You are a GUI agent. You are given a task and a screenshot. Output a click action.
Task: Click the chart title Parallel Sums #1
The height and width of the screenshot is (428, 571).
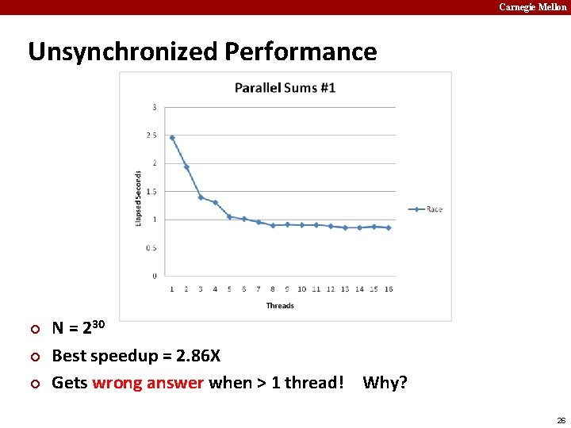[x=285, y=87]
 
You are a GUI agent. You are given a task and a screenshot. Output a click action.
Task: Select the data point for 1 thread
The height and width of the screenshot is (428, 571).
[x=172, y=137]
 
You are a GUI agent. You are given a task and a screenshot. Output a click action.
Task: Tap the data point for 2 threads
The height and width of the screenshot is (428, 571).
[x=186, y=167]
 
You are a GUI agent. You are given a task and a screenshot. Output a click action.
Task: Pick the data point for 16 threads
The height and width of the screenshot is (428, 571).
[x=389, y=227]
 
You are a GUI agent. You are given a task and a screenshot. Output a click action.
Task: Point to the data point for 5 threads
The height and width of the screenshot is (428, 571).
[x=229, y=216]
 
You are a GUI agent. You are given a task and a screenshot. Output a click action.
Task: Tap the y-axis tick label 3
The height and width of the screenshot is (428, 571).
[x=154, y=107]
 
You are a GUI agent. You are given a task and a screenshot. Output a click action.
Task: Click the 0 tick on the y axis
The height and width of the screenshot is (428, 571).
[x=154, y=276]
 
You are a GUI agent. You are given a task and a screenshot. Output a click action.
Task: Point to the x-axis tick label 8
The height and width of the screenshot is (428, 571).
[x=273, y=289]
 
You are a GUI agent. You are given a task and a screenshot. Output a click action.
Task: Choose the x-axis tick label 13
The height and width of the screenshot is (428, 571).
[x=345, y=289]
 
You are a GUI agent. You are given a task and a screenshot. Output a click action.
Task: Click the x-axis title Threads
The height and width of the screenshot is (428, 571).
[x=280, y=306]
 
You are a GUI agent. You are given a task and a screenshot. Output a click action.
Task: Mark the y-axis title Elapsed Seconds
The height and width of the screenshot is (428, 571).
[x=139, y=198]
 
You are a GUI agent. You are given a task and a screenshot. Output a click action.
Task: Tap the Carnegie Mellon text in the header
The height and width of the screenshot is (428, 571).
[x=533, y=7]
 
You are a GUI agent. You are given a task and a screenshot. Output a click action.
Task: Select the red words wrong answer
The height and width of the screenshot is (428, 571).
[x=148, y=383]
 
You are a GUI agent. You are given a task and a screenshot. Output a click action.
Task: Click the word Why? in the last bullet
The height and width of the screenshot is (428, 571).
[x=385, y=383]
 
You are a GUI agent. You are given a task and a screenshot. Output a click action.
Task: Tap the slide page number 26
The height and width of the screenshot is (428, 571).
[x=561, y=420]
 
